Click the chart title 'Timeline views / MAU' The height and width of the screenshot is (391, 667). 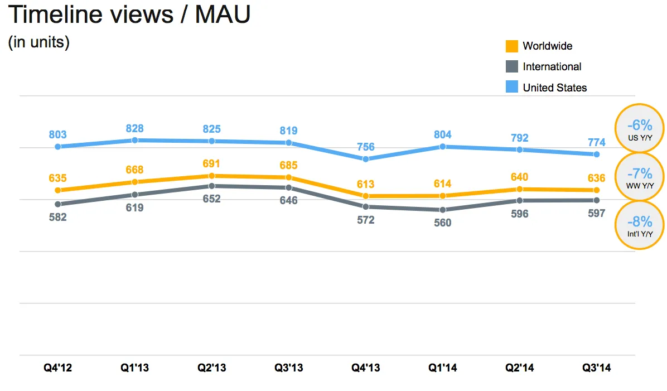click(x=129, y=15)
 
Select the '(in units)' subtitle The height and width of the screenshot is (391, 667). click(x=38, y=43)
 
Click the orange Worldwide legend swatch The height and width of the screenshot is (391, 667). click(x=512, y=46)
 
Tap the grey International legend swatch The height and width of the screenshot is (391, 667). click(x=512, y=67)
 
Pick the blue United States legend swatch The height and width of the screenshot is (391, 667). click(x=512, y=87)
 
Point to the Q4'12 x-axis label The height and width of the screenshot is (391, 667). click(x=58, y=368)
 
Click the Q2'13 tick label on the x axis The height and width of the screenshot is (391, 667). click(x=211, y=368)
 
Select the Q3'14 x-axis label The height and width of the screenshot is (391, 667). click(x=596, y=368)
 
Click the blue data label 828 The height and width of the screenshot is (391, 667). click(x=134, y=128)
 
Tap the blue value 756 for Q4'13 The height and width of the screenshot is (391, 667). click(x=365, y=147)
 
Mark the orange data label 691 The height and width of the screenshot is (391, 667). click(x=211, y=164)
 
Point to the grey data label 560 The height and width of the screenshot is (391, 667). click(x=442, y=223)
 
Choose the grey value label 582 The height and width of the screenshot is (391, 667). click(x=58, y=217)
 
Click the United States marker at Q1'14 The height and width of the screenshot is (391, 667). click(x=442, y=147)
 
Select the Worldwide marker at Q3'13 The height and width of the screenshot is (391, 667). click(x=288, y=177)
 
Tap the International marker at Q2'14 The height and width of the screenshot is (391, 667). click(x=519, y=200)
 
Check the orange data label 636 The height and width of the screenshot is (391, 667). click(x=596, y=178)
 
